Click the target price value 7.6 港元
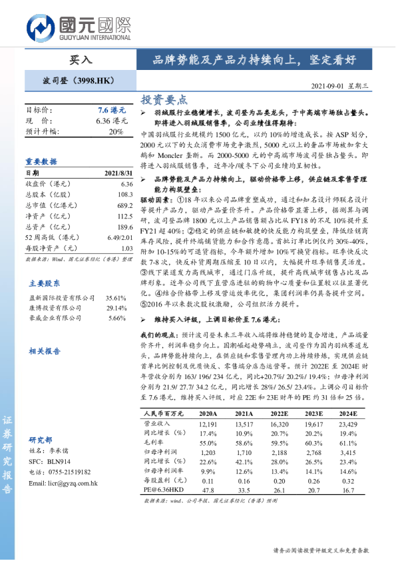110,109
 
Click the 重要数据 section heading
42,161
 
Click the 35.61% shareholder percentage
116,298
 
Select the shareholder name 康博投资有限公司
56,308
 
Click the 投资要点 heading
164,99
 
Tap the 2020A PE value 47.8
208,490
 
